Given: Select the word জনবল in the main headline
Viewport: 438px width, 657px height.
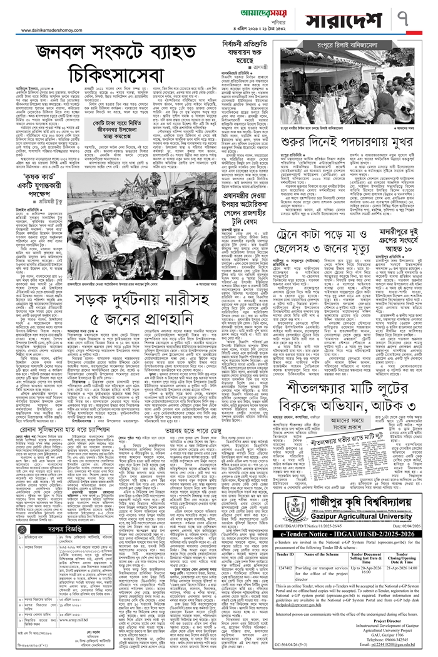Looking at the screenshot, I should [x=67, y=55].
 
